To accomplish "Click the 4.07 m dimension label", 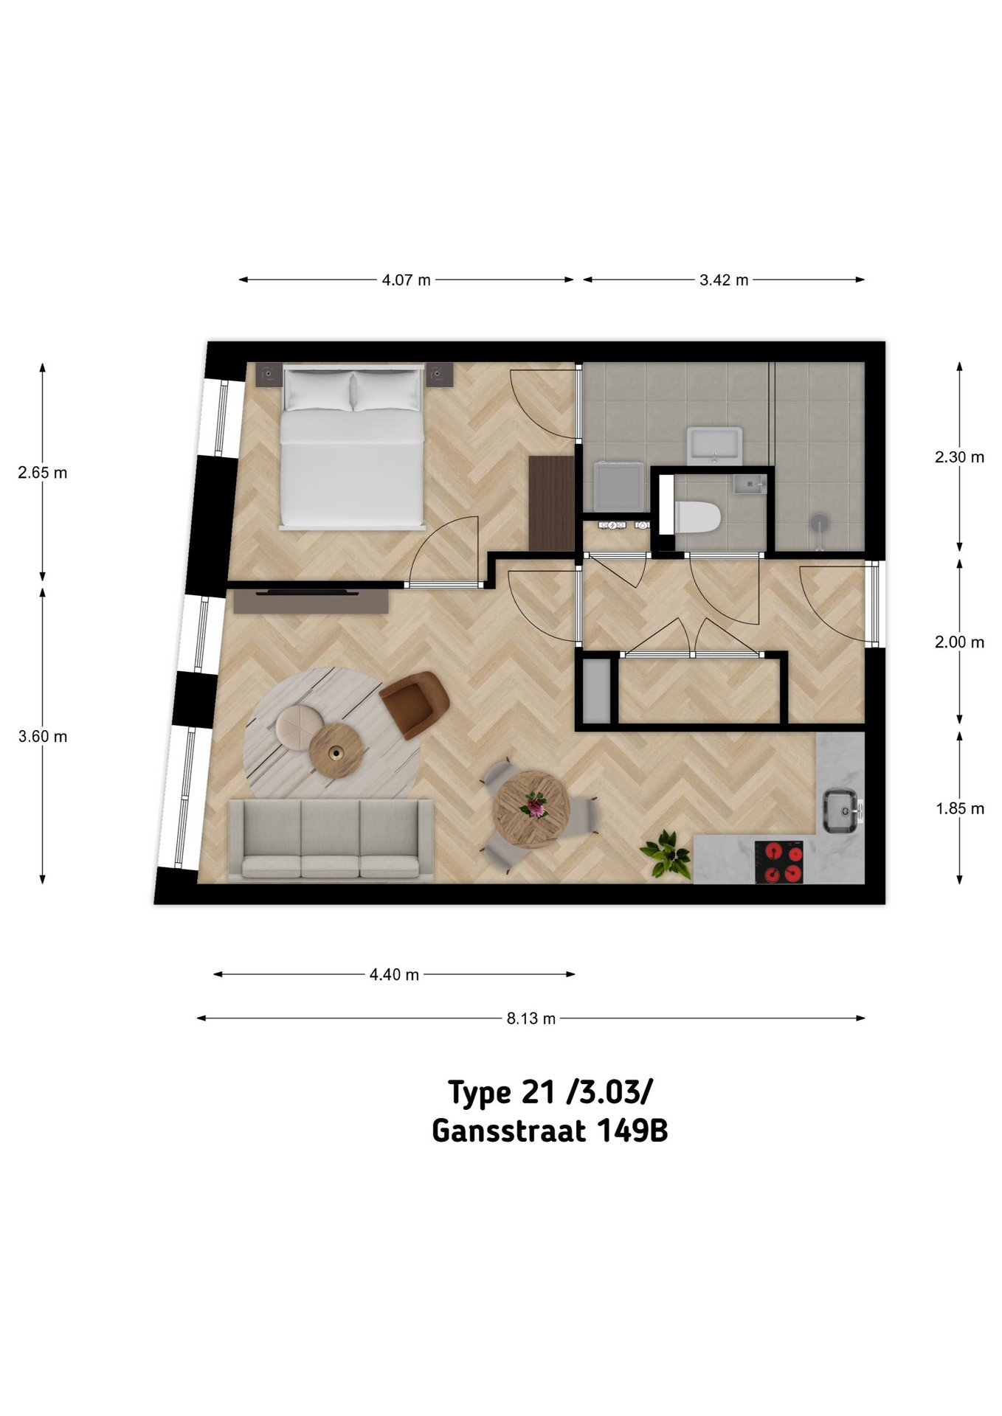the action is (406, 280).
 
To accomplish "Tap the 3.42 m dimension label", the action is (724, 280).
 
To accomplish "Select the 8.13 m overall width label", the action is (531, 1018).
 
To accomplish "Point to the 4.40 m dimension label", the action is (394, 974).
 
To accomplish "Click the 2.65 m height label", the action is (43, 473).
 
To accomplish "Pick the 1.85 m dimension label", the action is (960, 808).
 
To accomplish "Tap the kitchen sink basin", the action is (840, 811).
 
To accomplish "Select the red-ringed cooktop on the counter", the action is (782, 862).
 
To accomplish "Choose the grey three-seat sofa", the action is (331, 839).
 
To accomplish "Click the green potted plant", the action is (666, 854).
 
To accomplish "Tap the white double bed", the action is (353, 447).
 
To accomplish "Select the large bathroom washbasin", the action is (714, 445).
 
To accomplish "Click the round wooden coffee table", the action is (336, 750).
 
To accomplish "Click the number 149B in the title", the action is (632, 1131).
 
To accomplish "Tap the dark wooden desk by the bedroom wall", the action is (551, 503).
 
